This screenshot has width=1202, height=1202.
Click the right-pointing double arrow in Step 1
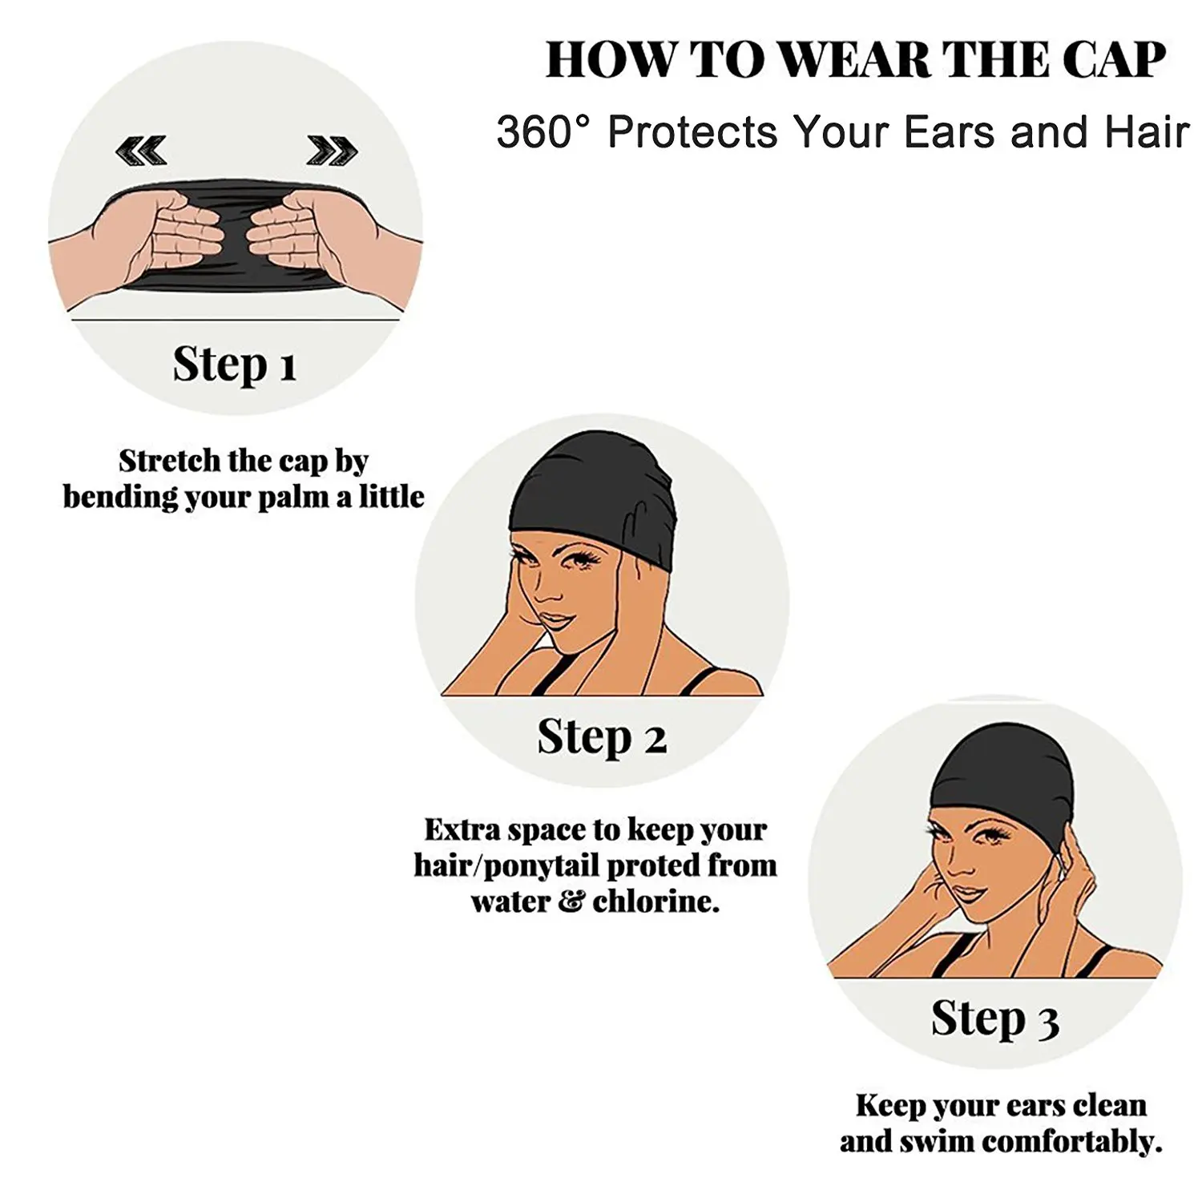tap(332, 149)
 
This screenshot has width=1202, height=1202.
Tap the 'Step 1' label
tap(235, 365)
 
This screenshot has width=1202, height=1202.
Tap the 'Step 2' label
tap(601, 736)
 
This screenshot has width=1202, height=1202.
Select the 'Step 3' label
tap(994, 1018)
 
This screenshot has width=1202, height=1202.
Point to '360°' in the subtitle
tap(543, 132)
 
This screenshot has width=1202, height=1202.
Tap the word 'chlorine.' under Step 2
tap(656, 902)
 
